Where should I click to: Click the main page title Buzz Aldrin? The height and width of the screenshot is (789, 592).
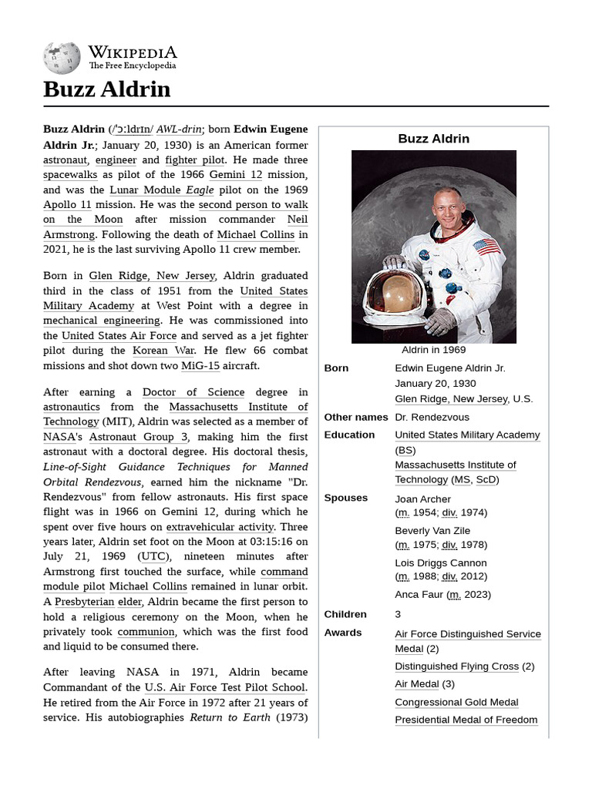coord(106,89)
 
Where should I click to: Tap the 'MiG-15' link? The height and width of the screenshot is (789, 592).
coord(200,365)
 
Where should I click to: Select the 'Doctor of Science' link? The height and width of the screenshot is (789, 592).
coord(193,392)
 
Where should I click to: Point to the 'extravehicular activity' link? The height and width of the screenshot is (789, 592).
coord(220,527)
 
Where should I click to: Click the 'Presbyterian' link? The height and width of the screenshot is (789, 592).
coord(84,602)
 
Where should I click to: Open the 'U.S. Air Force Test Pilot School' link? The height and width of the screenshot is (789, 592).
coord(225,687)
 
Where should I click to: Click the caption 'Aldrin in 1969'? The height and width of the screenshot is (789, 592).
coord(433,350)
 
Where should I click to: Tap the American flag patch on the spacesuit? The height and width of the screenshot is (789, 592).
coord(486,247)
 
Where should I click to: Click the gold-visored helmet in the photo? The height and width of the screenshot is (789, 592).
coord(395,294)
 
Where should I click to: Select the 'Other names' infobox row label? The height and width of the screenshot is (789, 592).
coord(355,417)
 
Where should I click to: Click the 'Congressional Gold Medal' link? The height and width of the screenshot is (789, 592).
coord(456,702)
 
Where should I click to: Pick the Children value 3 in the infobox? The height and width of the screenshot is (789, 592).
coord(398,614)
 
